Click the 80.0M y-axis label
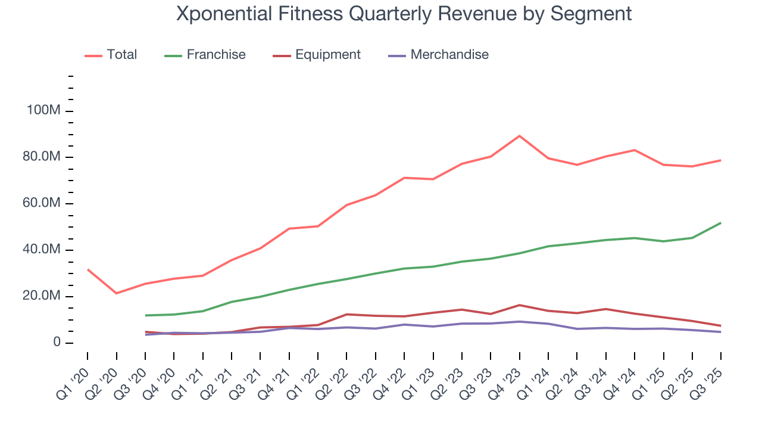point(39,157)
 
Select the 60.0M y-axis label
point(39,204)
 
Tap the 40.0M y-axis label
point(39,250)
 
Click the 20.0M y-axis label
point(39,297)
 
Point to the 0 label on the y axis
point(56,343)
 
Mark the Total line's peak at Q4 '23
point(520,136)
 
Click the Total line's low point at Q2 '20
point(116,293)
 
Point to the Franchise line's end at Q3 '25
point(721,223)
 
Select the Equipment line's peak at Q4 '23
point(520,305)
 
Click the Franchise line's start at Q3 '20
point(145,315)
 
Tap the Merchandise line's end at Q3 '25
point(721,332)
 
